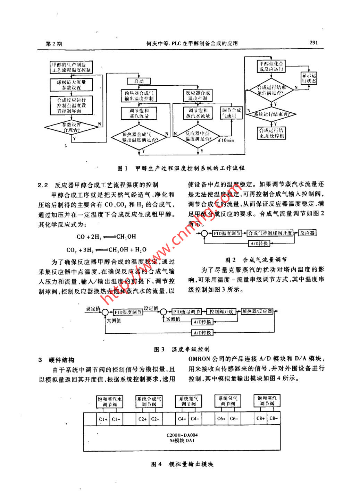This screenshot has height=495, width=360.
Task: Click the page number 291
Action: coord(313,43)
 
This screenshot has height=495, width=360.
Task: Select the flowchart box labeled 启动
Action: coord(139,81)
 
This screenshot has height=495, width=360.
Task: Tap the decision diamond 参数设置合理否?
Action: coord(72,127)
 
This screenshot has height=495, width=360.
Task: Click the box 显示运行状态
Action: coord(309,78)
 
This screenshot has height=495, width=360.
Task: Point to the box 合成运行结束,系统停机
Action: coord(271,133)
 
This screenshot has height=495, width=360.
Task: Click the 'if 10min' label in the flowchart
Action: coord(226,140)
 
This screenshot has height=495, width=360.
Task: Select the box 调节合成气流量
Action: coord(231,113)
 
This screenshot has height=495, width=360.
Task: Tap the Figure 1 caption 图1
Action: coord(123,168)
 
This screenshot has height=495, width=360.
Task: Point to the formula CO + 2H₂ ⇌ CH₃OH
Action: coord(106,237)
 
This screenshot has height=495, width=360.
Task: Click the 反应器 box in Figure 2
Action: coord(307,233)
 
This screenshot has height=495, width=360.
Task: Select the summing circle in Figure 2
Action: coord(204,233)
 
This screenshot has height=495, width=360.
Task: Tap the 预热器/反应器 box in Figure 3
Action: coord(257,311)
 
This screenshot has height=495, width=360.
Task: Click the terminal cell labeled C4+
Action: coord(182,419)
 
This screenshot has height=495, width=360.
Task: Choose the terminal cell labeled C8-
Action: coord(274,418)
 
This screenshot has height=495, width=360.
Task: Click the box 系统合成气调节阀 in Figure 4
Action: coord(149,402)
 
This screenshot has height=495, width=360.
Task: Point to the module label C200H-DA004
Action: coord(182,435)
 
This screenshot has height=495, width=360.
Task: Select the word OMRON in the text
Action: coord(199,359)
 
